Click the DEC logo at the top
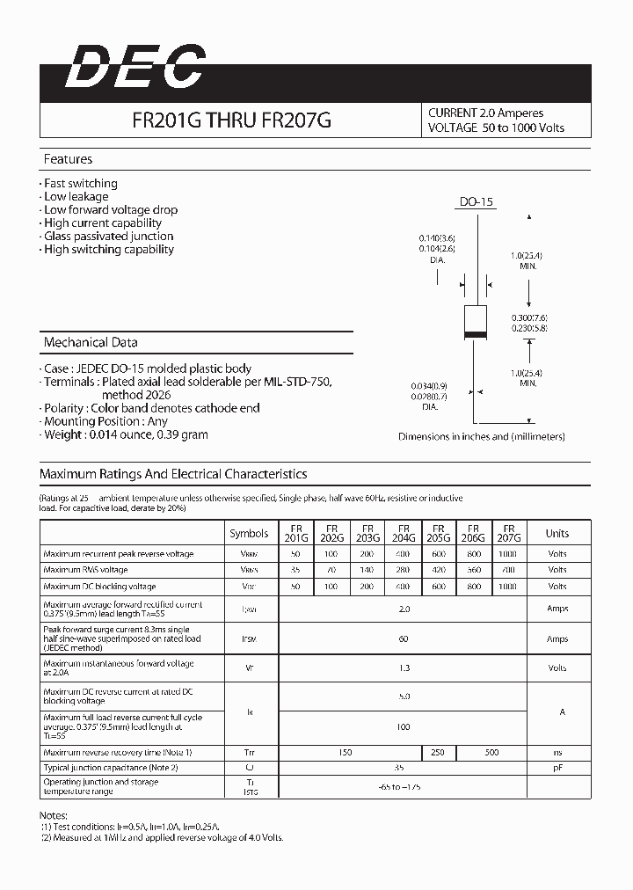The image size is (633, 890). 135,69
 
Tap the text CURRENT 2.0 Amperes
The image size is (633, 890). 485,113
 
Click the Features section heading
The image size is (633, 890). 68,159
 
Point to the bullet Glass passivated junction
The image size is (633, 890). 108,236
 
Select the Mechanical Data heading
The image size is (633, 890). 91,342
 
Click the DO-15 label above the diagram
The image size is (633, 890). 477,202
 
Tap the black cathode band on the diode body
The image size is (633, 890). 477,335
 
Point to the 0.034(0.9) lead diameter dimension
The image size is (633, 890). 429,386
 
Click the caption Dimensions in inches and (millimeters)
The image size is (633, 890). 481,436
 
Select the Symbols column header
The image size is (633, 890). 249,533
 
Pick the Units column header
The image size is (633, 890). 557,533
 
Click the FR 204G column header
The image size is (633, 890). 404,533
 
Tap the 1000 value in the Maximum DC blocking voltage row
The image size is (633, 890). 508,586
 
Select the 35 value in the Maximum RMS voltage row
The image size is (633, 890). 295,570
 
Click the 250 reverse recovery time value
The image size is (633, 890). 438,753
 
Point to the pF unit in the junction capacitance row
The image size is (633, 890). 557,768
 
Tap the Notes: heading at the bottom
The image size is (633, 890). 55,815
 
